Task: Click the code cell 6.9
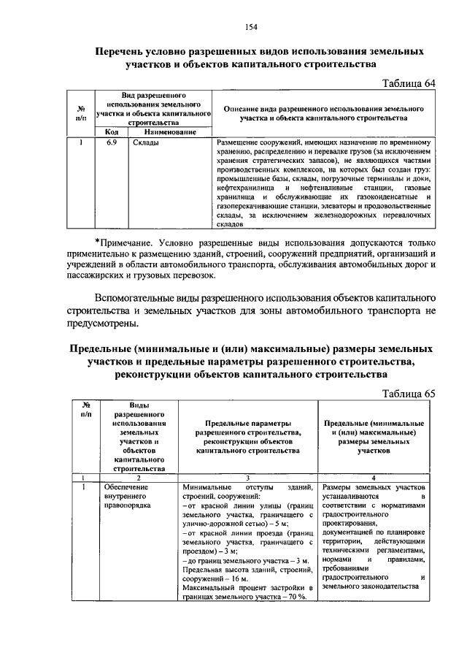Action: click(x=111, y=142)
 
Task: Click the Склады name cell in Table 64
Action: click(x=147, y=142)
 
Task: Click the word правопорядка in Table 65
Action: click(x=127, y=505)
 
